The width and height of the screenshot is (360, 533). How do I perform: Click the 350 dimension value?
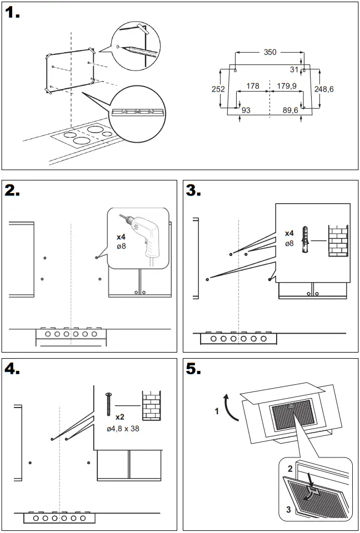(269, 52)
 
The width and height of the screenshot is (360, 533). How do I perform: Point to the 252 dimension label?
(218, 89)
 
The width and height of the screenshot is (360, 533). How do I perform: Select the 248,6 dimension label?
(323, 89)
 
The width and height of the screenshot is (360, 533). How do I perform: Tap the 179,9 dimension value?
(286, 86)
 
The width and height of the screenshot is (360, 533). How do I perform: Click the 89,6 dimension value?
(290, 110)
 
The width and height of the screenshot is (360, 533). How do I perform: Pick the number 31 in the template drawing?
(294, 69)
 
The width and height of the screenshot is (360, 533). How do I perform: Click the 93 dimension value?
(246, 110)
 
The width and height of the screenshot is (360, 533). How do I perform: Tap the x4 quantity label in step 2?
(121, 237)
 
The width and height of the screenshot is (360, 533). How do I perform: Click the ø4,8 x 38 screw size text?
(123, 429)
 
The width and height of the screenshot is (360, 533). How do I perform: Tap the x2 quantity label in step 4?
(119, 416)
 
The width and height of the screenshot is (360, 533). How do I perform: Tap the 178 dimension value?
(253, 86)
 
